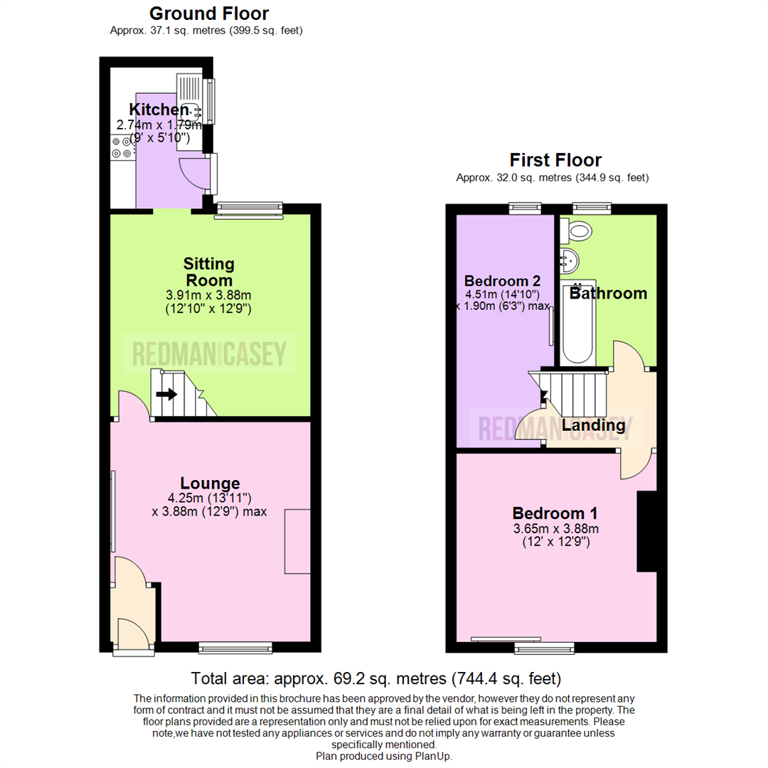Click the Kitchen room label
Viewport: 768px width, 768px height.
[159, 110]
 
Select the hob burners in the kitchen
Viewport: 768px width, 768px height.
[121, 146]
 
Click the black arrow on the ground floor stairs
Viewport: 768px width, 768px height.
[166, 394]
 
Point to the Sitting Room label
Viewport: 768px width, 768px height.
[209, 272]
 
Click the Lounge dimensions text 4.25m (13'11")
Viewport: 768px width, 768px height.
[209, 498]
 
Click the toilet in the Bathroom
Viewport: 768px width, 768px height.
[577, 230]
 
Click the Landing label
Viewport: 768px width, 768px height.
[593, 425]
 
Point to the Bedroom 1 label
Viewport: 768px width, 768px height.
[555, 513]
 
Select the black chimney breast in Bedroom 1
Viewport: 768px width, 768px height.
[646, 531]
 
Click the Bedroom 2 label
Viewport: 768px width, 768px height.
[498, 279]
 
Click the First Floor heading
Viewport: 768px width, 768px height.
[555, 160]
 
